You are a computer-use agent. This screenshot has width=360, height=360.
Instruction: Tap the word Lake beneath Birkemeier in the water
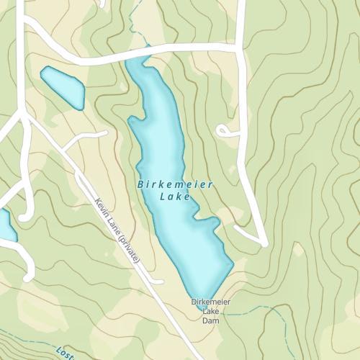(175, 197)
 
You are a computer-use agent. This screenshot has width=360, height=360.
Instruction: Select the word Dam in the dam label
(210, 321)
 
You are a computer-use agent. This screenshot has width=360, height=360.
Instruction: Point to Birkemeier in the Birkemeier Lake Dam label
(211, 302)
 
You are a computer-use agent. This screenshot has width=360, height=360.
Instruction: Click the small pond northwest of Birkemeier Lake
(62, 86)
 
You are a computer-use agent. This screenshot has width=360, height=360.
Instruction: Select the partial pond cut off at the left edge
(6, 225)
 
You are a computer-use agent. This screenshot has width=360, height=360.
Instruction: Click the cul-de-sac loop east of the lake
(223, 130)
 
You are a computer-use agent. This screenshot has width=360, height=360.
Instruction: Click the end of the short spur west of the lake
(105, 133)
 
